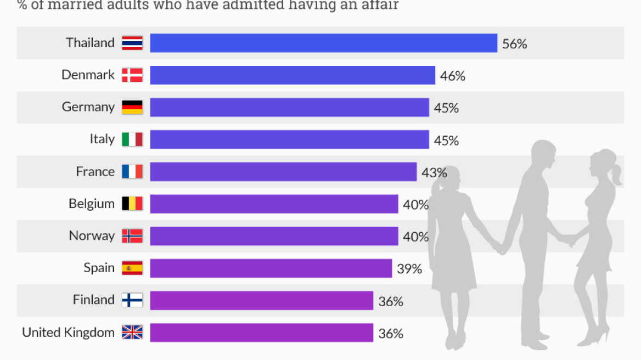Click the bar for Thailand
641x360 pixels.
pos(323,43)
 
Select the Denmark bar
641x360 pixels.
pos(293,75)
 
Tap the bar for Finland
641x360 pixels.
pos(261,300)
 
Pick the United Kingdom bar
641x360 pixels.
pos(261,333)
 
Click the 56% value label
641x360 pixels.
pos(514,44)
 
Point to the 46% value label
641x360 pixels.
pos(452,76)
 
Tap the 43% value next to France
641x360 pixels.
pos(434,172)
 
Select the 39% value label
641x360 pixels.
pos(409,269)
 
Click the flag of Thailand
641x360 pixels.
pos(132,43)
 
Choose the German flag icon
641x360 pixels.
pos(132,107)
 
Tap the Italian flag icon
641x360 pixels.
pos(132,139)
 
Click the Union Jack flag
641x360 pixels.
pos(132,332)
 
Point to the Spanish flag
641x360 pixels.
pos(132,268)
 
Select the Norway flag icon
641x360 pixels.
pos(132,236)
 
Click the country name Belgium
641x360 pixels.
pos(92,204)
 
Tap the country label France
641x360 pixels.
pos(95,172)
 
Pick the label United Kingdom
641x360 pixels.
pos(68,332)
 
